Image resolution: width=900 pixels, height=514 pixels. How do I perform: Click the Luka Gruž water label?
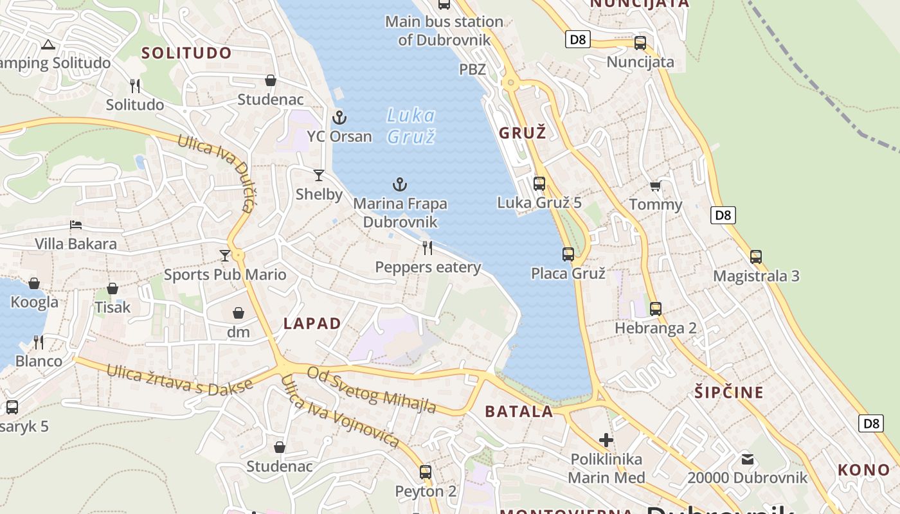(411, 126)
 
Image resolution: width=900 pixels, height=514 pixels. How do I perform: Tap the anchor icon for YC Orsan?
(339, 118)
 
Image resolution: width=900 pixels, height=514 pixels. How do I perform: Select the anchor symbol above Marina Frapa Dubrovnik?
(400, 185)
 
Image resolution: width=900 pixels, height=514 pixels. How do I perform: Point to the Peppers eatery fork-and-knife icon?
(428, 248)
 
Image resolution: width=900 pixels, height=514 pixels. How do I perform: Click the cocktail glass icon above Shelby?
(318, 175)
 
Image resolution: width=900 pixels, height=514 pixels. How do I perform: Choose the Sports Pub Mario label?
(225, 275)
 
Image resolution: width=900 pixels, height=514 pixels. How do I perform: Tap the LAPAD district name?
(312, 324)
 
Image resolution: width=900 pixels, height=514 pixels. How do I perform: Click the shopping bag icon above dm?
(239, 313)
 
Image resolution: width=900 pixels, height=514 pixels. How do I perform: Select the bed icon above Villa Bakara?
(76, 225)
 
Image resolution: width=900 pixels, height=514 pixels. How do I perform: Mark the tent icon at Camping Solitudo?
(48, 45)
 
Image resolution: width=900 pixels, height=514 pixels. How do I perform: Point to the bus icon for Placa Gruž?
(568, 254)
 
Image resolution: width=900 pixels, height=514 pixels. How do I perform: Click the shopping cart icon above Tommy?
(655, 186)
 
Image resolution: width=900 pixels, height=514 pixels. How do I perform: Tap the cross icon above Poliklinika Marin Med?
(606, 440)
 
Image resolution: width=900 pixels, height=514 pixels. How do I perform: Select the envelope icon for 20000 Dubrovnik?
(747, 459)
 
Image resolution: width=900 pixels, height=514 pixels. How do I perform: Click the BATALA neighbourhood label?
(519, 412)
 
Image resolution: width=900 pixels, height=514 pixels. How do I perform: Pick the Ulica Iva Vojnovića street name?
(341, 412)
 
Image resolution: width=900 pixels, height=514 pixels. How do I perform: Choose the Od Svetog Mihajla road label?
(372, 390)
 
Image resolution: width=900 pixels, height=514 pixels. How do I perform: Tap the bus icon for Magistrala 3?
(756, 257)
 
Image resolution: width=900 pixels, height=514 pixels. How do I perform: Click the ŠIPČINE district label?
(729, 393)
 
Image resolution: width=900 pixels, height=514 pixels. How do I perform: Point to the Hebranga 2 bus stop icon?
(655, 309)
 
